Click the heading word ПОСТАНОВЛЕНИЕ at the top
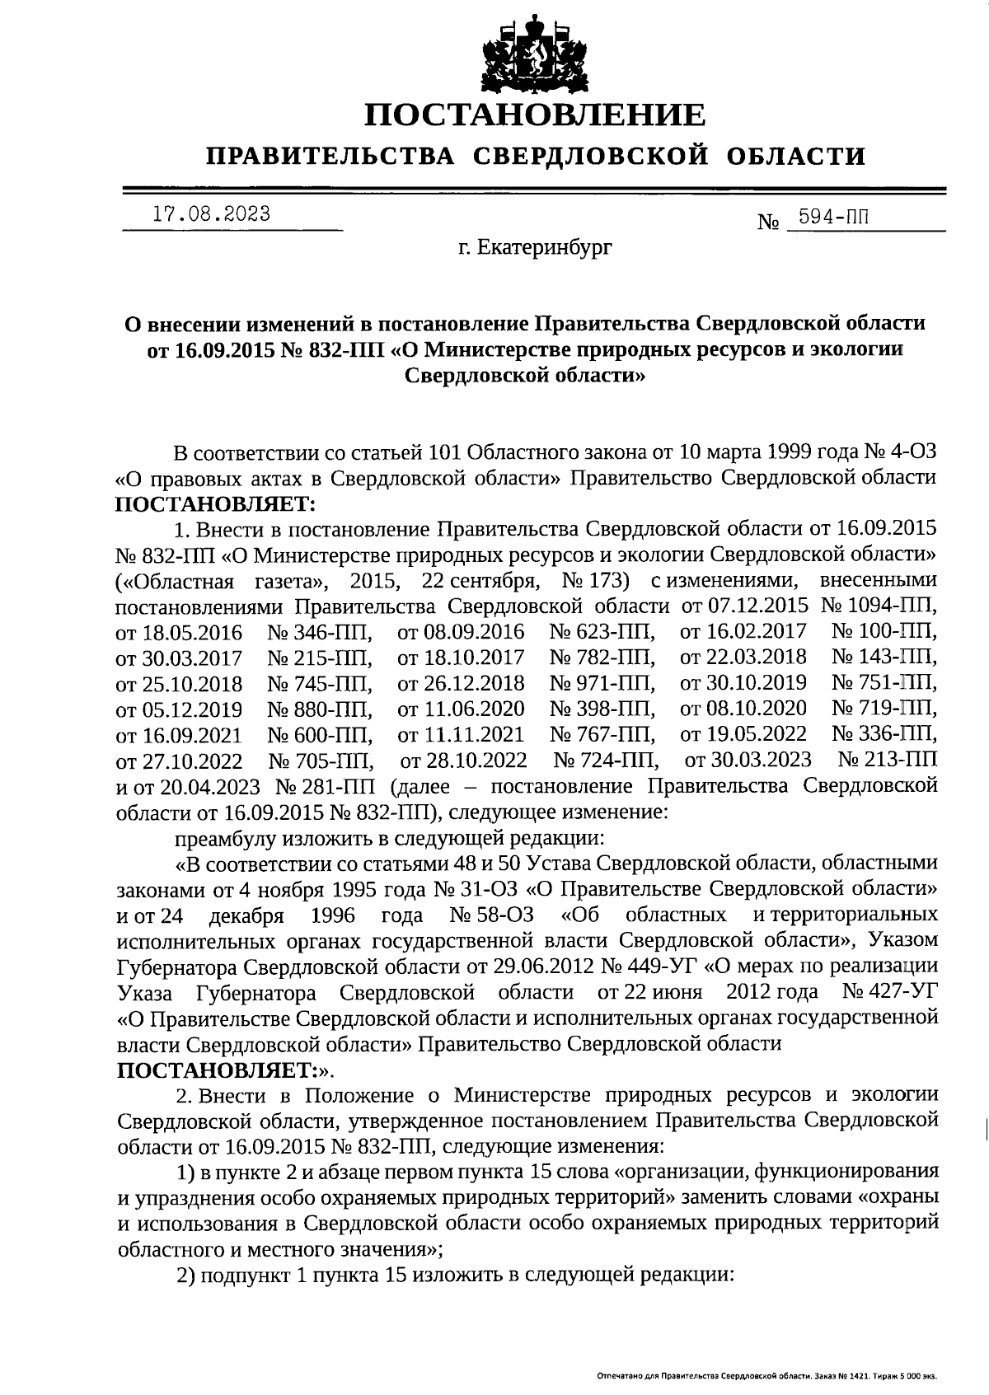(x=535, y=115)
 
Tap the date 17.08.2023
(x=213, y=214)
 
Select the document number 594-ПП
(x=829, y=218)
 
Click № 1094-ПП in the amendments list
(x=879, y=606)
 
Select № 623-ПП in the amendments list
(x=602, y=633)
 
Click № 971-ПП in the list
(x=602, y=683)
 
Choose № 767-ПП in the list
(x=602, y=734)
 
